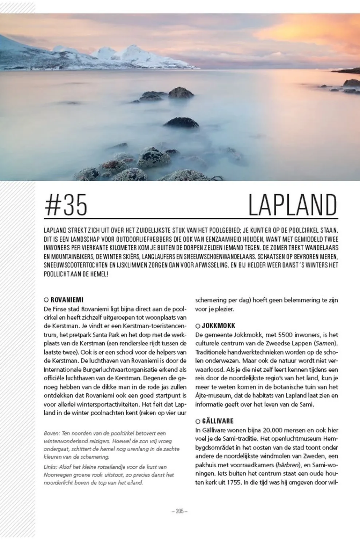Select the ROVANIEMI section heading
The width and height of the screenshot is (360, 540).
click(67, 300)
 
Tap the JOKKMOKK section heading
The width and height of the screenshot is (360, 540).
click(218, 326)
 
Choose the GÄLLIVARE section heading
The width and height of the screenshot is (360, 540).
click(218, 421)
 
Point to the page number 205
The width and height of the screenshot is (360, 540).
click(179, 511)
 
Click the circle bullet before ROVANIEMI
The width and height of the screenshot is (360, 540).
click(46, 300)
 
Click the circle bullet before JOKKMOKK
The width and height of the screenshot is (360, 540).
click(198, 326)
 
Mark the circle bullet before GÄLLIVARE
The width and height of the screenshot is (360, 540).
click(198, 422)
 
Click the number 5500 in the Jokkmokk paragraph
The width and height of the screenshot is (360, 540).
click(285, 335)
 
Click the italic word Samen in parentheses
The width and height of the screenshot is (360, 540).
click(325, 344)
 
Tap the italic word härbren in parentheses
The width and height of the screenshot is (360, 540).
click(287, 465)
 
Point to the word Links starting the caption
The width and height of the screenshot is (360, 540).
click(50, 467)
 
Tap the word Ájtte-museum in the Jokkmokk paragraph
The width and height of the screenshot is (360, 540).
click(213, 396)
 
